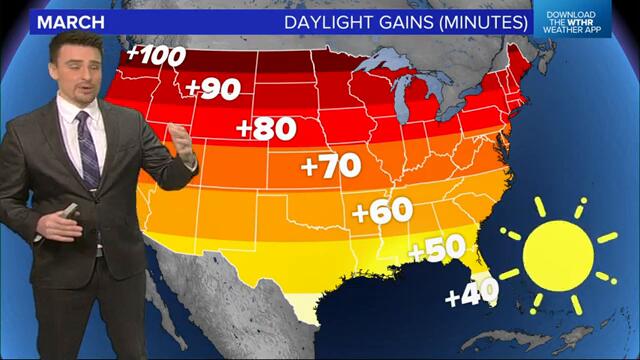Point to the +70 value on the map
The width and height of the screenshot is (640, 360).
click(x=330, y=166)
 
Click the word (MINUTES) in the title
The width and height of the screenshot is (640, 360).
click(x=477, y=21)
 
